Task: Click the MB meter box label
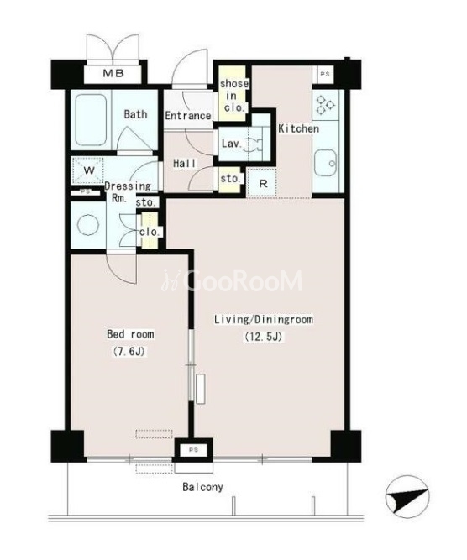point(113,74)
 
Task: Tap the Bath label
point(135,114)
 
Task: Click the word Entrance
point(188,116)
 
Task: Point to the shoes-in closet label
point(234,96)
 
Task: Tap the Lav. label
point(232,144)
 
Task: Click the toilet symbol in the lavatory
point(254,144)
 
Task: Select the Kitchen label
point(299,128)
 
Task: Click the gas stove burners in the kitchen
point(326,105)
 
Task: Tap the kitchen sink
point(326,163)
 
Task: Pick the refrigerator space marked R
point(263,184)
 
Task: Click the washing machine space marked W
point(88,170)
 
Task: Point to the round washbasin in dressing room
point(88,225)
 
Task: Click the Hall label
point(185,164)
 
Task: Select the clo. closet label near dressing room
point(149,232)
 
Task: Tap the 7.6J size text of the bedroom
point(129,352)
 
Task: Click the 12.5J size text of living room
point(264,337)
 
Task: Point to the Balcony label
point(202,487)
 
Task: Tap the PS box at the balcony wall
point(193,450)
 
